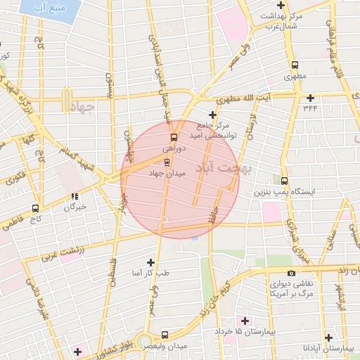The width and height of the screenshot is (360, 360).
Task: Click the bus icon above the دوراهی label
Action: click(x=174, y=137)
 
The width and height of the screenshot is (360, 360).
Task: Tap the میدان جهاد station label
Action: click(x=166, y=173)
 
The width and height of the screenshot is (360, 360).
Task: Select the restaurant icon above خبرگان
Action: click(x=75, y=196)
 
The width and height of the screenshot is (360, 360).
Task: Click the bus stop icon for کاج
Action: click(x=35, y=208)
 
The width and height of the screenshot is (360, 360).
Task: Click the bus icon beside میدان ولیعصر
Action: click(x=165, y=335)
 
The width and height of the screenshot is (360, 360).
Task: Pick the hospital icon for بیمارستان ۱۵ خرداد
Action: click(x=244, y=321)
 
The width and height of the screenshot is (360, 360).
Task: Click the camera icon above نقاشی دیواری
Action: click(x=291, y=273)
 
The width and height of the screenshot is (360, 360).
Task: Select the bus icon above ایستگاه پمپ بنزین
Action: click(x=283, y=181)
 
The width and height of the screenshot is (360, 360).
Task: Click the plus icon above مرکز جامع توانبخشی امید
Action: click(x=212, y=115)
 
